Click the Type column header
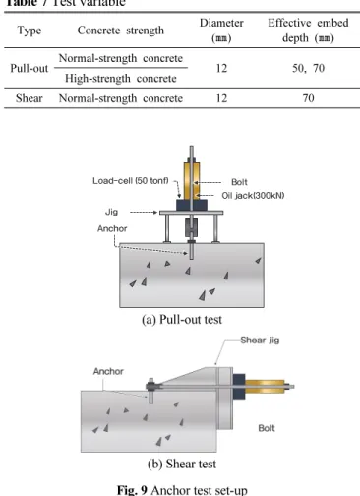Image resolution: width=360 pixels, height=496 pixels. click(30, 31)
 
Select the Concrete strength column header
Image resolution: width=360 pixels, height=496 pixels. click(121, 31)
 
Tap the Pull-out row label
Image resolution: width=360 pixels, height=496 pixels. click(30, 68)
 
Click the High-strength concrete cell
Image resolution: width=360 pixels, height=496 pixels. click(121, 79)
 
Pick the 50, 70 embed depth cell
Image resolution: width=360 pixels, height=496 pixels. click(308, 68)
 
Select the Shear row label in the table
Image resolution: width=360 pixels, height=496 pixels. click(30, 98)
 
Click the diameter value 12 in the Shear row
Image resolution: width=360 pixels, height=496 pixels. click(221, 98)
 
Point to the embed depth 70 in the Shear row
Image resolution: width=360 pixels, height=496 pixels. click(308, 98)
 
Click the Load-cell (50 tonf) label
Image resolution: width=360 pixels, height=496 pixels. click(131, 181)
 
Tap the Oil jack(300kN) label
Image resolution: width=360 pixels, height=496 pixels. click(253, 196)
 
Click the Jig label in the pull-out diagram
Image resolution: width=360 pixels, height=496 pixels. click(111, 212)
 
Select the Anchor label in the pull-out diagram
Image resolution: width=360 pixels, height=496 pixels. click(112, 228)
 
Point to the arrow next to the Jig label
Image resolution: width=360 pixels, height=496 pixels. click(144, 213)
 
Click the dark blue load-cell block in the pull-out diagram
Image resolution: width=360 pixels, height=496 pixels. click(192, 205)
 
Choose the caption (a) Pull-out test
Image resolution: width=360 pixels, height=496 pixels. click(182, 319)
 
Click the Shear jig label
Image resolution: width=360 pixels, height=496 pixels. click(260, 340)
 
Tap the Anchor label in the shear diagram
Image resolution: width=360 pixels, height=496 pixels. click(108, 371)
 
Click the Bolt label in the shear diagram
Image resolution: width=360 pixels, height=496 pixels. click(267, 428)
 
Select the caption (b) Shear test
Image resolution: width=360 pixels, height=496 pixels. click(182, 464)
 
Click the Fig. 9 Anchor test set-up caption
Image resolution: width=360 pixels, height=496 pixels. click(182, 490)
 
